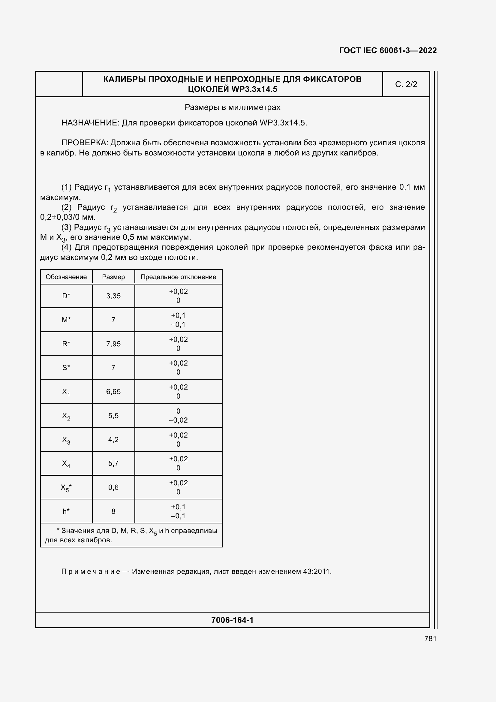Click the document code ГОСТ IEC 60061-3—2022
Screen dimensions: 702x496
point(388,50)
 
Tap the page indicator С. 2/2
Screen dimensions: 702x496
point(406,84)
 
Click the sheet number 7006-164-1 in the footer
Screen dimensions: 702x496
point(232,620)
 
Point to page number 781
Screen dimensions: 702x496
point(430,639)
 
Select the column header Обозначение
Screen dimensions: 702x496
point(66,277)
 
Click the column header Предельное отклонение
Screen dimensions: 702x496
point(178,277)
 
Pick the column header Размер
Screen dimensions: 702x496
point(113,277)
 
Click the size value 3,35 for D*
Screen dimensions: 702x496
point(113,296)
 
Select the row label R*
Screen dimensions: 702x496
point(66,344)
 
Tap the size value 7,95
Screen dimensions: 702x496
point(113,344)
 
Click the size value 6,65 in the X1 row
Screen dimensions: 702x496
point(113,392)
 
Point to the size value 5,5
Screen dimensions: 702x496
point(113,415)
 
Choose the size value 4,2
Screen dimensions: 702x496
point(113,439)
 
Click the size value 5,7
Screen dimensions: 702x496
point(113,463)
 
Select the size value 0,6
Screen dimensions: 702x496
point(113,487)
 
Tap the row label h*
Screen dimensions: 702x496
point(66,511)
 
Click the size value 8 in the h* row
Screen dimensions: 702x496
point(113,511)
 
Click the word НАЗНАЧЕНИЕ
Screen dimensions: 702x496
point(90,123)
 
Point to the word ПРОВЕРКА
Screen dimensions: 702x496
point(84,143)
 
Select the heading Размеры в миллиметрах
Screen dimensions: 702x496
point(232,107)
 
